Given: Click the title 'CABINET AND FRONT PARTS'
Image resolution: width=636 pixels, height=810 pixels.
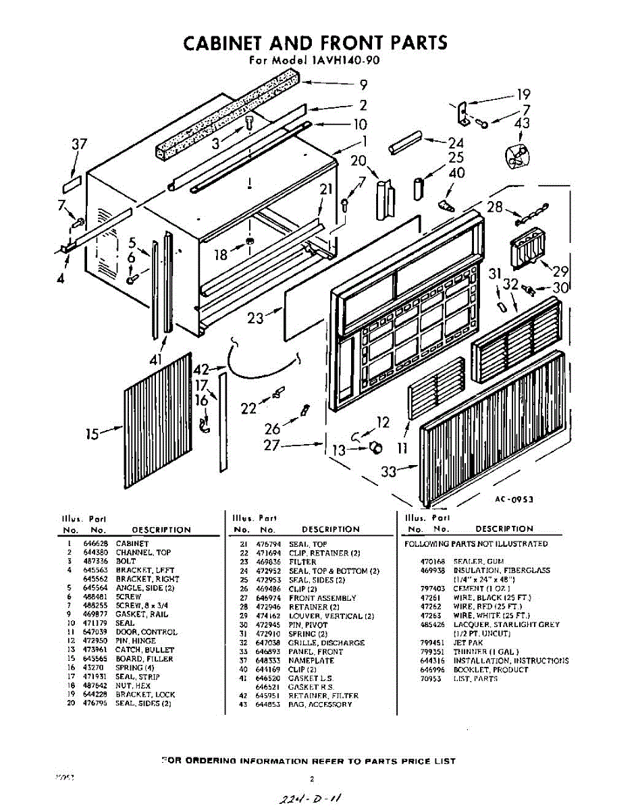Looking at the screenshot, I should [315, 43].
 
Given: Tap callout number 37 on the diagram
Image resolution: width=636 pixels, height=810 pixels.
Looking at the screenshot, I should [80, 144].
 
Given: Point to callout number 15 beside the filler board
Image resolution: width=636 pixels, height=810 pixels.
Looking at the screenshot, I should [93, 433].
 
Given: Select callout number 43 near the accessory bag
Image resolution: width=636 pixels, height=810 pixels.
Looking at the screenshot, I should [522, 123].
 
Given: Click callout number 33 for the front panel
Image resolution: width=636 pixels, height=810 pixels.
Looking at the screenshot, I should [388, 472].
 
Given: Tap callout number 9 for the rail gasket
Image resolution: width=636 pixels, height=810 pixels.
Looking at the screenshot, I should [363, 85].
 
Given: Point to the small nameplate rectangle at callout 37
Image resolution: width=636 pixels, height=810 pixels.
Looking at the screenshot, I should [72, 182].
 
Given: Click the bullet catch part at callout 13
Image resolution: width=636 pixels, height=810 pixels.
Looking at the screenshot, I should [376, 447].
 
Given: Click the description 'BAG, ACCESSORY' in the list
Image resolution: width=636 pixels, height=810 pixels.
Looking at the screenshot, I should [320, 704].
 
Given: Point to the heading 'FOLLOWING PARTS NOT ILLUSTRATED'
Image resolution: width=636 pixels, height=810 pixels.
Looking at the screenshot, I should [476, 543].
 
